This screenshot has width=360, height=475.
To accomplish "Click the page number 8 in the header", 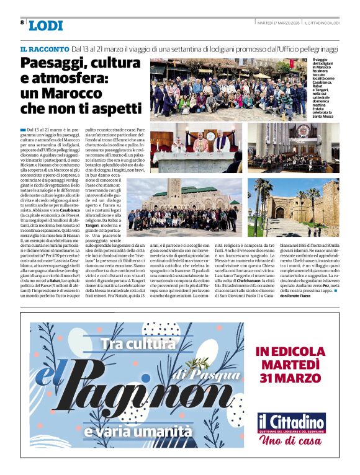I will pyautogui.click(x=22, y=22).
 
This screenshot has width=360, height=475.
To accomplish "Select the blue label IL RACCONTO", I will pyautogui.click(x=44, y=48).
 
